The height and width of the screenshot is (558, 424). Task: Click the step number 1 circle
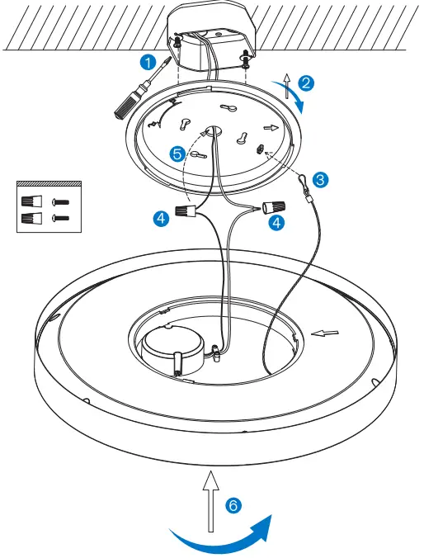pos(147,62)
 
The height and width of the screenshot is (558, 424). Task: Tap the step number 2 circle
pos(306,83)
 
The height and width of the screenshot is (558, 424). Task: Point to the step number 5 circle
pos(176,153)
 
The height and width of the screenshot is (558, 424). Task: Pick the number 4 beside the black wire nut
pos(161,218)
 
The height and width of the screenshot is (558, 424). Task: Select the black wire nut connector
pos(186,214)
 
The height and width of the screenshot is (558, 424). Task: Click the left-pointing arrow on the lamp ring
pos(325,333)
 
